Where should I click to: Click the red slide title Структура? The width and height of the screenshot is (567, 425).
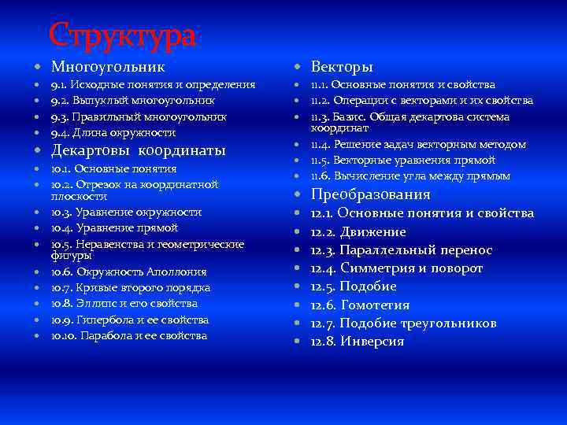click(121, 35)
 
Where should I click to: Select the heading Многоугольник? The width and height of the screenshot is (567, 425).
click(108, 67)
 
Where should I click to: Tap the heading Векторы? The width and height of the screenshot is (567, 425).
click(342, 67)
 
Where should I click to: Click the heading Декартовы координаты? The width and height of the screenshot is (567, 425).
click(138, 150)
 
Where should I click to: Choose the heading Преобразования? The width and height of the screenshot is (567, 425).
click(370, 194)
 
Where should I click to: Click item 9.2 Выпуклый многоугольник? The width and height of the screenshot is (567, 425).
click(132, 101)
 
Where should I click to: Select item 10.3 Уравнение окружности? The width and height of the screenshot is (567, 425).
click(126, 212)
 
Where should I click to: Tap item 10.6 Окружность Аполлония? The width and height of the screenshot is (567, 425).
click(128, 272)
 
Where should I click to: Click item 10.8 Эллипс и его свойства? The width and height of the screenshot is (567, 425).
click(124, 303)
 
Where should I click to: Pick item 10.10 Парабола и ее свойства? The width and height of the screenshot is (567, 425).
click(129, 336)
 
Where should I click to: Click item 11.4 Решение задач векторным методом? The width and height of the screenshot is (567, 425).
click(417, 144)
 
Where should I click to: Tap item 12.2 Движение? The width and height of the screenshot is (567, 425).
click(358, 232)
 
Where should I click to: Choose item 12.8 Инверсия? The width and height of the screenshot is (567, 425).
click(357, 342)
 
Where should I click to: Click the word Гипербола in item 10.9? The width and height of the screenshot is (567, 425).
click(102, 320)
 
